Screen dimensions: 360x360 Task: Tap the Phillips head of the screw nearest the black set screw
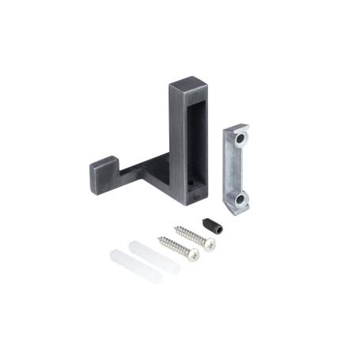[209, 244]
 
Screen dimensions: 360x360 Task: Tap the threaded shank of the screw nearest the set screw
[191, 234]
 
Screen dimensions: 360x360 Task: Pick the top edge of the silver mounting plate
[237, 127]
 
